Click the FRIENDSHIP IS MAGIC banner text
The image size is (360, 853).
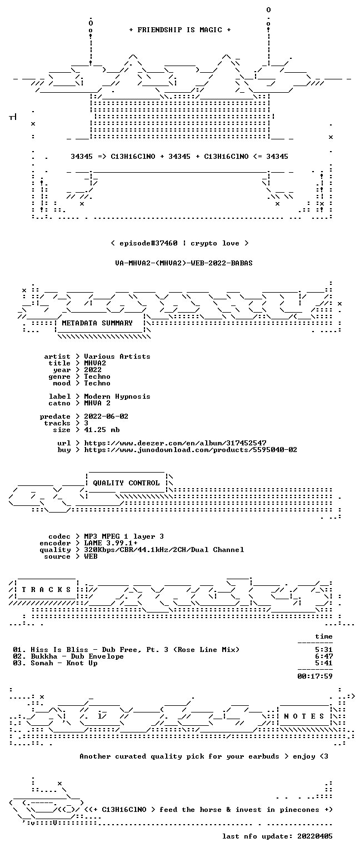pyautogui.click(x=180, y=29)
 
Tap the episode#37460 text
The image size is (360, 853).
pyautogui.click(x=148, y=243)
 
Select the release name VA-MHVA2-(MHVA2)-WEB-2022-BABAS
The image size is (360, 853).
pyautogui.click(x=184, y=263)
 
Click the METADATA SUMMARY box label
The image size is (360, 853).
pyautogui.click(x=97, y=323)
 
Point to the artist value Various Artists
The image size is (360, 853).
pyautogui.click(x=117, y=357)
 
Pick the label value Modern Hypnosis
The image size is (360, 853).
pyautogui.click(x=117, y=397)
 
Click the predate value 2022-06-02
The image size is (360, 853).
pyautogui.click(x=106, y=416)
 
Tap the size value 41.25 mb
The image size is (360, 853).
pyautogui.click(x=102, y=429)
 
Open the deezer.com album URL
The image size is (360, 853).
pyautogui.click(x=175, y=443)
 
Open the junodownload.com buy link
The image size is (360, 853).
pyautogui.click(x=191, y=450)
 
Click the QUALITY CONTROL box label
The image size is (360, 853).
pyautogui.click(x=126, y=483)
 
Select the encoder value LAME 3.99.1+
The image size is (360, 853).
pyautogui.click(x=111, y=543)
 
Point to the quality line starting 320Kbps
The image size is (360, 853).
pyautogui.click(x=164, y=549)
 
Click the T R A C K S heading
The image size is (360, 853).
pyautogui.click(x=46, y=589)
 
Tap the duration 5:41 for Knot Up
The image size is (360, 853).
pyautogui.click(x=324, y=663)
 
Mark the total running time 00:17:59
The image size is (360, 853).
pyautogui.click(x=315, y=676)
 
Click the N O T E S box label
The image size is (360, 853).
pyautogui.click(x=304, y=716)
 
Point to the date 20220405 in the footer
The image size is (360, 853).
pyautogui.click(x=315, y=836)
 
